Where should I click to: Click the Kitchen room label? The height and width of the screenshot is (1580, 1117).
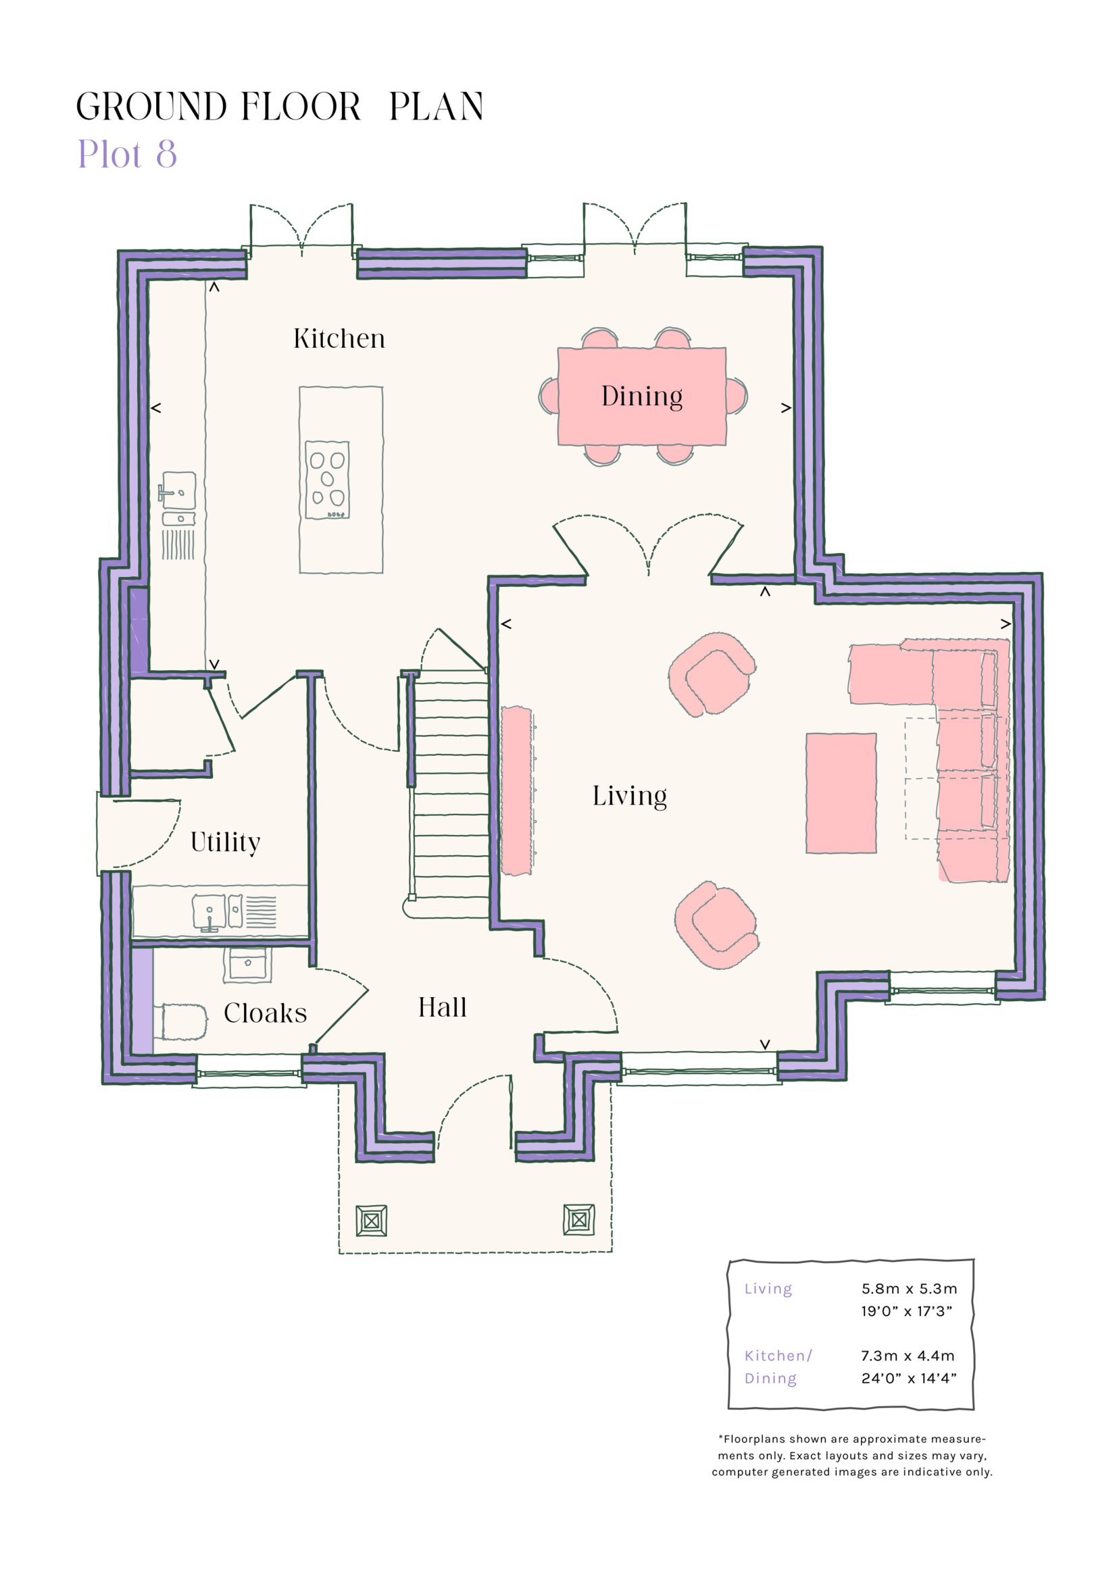click(339, 338)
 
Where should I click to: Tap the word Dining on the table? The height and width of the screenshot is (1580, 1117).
click(641, 397)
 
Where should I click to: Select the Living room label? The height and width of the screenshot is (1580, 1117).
click(629, 796)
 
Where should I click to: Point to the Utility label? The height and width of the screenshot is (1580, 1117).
click(225, 842)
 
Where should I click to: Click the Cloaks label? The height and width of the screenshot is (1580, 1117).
click(265, 1013)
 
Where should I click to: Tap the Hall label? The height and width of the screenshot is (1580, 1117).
click(442, 1007)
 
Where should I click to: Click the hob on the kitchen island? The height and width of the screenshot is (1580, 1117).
click(327, 480)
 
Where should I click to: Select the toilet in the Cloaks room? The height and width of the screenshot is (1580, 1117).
click(183, 1021)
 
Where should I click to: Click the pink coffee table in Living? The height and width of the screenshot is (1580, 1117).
click(841, 793)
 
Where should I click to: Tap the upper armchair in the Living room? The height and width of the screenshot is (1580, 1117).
click(712, 673)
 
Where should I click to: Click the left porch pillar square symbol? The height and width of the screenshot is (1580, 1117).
click(371, 1221)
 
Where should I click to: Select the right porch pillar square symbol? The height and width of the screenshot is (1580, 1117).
click(578, 1219)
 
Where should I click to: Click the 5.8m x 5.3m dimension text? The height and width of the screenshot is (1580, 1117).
click(908, 1289)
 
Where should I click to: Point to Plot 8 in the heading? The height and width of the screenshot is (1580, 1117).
click(127, 154)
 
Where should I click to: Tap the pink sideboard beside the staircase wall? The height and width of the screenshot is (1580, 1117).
click(516, 791)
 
